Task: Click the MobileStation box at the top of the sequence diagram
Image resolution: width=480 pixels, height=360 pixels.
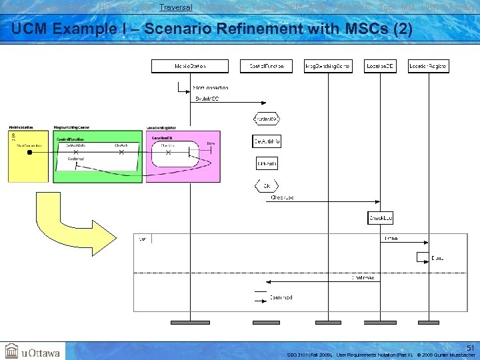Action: (x=190, y=66)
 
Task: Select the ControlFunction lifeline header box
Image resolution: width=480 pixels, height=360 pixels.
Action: (x=266, y=66)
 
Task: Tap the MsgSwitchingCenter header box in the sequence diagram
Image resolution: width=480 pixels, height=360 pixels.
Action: (x=327, y=66)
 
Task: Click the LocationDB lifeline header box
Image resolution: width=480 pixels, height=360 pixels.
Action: (x=381, y=66)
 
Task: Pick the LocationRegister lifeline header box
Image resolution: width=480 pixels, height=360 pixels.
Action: (x=428, y=66)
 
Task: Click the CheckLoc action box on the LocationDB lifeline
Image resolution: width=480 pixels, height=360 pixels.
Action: (x=381, y=218)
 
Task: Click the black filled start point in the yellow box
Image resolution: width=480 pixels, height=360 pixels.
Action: (x=29, y=152)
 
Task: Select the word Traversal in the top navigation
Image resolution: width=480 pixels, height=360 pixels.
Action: (x=176, y=7)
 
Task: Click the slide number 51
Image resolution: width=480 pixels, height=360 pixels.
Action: (x=470, y=347)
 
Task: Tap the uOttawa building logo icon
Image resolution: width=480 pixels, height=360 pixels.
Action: (x=11, y=351)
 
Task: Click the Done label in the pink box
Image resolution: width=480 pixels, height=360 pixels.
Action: (x=211, y=143)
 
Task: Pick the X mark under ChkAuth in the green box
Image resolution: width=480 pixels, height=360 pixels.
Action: (x=121, y=152)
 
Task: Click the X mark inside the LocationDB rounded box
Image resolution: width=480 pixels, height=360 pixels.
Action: (x=168, y=152)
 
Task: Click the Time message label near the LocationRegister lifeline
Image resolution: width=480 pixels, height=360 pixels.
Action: (x=391, y=238)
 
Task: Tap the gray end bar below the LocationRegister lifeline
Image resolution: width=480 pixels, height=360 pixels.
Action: (x=428, y=321)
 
